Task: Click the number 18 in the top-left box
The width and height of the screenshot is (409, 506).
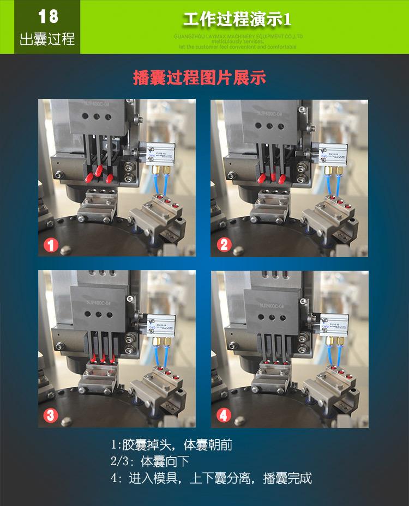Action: (47, 16)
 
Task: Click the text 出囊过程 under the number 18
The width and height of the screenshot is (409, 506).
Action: (47, 40)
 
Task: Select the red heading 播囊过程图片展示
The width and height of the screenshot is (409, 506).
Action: (200, 77)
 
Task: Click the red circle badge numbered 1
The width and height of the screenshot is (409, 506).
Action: (51, 245)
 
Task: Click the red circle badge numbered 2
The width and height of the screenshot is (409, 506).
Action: (224, 245)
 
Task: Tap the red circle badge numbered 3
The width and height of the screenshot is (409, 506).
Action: (51, 416)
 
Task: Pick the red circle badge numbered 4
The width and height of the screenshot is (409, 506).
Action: (224, 416)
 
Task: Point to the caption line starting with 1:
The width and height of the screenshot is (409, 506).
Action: (171, 445)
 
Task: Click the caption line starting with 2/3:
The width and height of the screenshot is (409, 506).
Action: (150, 462)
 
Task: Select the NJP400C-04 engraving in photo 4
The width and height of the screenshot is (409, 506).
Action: (272, 307)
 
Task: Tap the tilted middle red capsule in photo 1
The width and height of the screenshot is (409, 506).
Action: (99, 171)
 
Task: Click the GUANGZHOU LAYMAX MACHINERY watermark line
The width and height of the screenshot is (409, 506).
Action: (238, 36)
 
